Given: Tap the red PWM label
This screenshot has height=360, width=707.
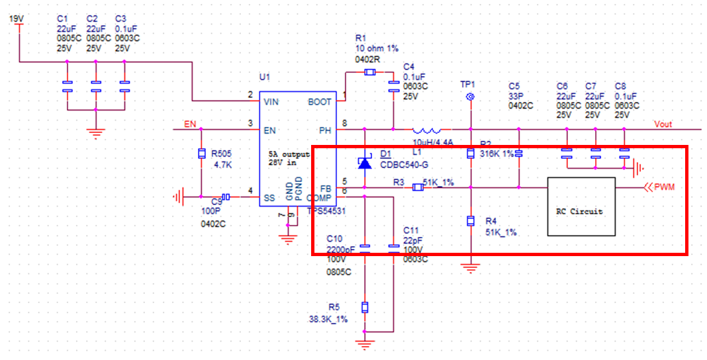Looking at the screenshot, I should click(665, 187).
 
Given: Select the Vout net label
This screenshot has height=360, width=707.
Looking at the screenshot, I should click(663, 124).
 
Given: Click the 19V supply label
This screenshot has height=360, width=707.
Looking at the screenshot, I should click(15, 19).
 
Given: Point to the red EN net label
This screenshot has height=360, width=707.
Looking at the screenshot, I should click(189, 124).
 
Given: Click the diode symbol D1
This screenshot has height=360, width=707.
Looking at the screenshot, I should click(365, 162).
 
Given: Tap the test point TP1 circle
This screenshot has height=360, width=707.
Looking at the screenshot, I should click(471, 97).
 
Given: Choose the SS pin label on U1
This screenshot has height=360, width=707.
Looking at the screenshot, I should click(269, 197).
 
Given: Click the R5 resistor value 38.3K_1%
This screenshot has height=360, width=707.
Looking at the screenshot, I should click(328, 319).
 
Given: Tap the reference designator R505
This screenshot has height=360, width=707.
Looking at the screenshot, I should click(221, 154).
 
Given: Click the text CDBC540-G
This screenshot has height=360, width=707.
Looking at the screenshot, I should click(404, 164).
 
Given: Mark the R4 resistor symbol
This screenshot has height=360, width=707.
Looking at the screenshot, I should click(471, 221).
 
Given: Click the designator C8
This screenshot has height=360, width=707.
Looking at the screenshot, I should click(620, 86).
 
